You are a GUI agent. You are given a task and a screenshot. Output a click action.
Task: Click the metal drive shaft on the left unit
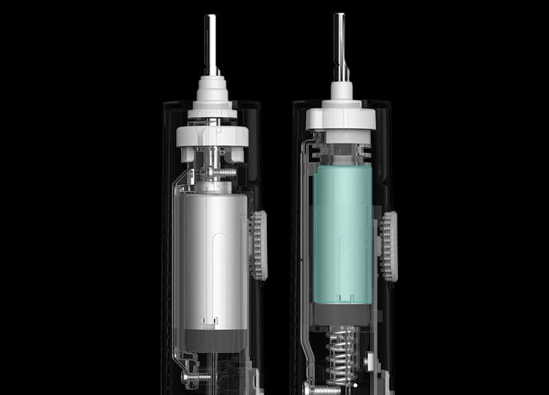click(x=211, y=41)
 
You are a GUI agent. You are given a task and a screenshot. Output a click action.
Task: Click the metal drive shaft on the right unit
click(x=340, y=38)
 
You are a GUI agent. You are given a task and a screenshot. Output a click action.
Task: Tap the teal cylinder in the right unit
click(x=342, y=233)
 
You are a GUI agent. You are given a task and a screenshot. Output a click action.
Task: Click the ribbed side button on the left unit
click(x=258, y=245)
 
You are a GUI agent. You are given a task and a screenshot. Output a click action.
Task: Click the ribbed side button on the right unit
click(x=389, y=246)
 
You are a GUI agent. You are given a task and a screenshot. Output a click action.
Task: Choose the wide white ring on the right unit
click(x=341, y=119)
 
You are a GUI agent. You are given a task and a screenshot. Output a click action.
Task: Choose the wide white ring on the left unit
click(x=211, y=134)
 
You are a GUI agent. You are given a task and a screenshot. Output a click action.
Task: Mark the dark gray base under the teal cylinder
click(x=342, y=314)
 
